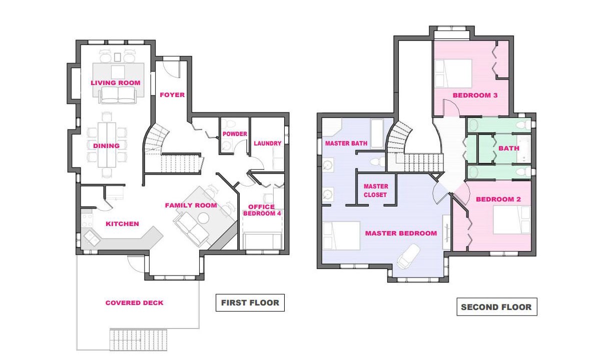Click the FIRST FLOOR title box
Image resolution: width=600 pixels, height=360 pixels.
click(x=250, y=302)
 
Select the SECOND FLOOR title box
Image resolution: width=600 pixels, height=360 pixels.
click(x=497, y=307)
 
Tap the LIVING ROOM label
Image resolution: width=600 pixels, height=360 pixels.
click(x=116, y=82)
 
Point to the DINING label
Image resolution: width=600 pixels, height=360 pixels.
click(x=107, y=145)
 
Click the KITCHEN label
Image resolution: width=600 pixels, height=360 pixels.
click(x=123, y=224)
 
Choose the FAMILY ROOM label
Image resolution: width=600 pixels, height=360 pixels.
click(x=191, y=205)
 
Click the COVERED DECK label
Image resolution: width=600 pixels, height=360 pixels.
click(x=134, y=302)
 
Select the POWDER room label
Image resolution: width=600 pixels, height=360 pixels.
click(x=235, y=134)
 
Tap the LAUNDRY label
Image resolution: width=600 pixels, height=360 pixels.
click(x=268, y=143)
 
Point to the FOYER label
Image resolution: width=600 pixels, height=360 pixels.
click(x=172, y=95)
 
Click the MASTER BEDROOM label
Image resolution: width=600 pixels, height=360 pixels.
click(x=401, y=233)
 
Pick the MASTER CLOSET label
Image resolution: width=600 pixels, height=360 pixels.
click(x=375, y=190)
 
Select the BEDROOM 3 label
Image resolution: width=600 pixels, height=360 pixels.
click(x=475, y=95)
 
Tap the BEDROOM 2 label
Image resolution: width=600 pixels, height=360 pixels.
click(x=498, y=199)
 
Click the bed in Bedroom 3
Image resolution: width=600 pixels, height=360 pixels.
click(x=453, y=73)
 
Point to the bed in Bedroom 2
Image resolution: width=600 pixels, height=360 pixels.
click(x=511, y=219)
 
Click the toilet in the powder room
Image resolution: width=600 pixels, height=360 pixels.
click(x=230, y=123)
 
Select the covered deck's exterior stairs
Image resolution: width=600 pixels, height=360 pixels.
click(x=139, y=339)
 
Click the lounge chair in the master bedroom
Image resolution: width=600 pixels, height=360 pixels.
click(x=408, y=256)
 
